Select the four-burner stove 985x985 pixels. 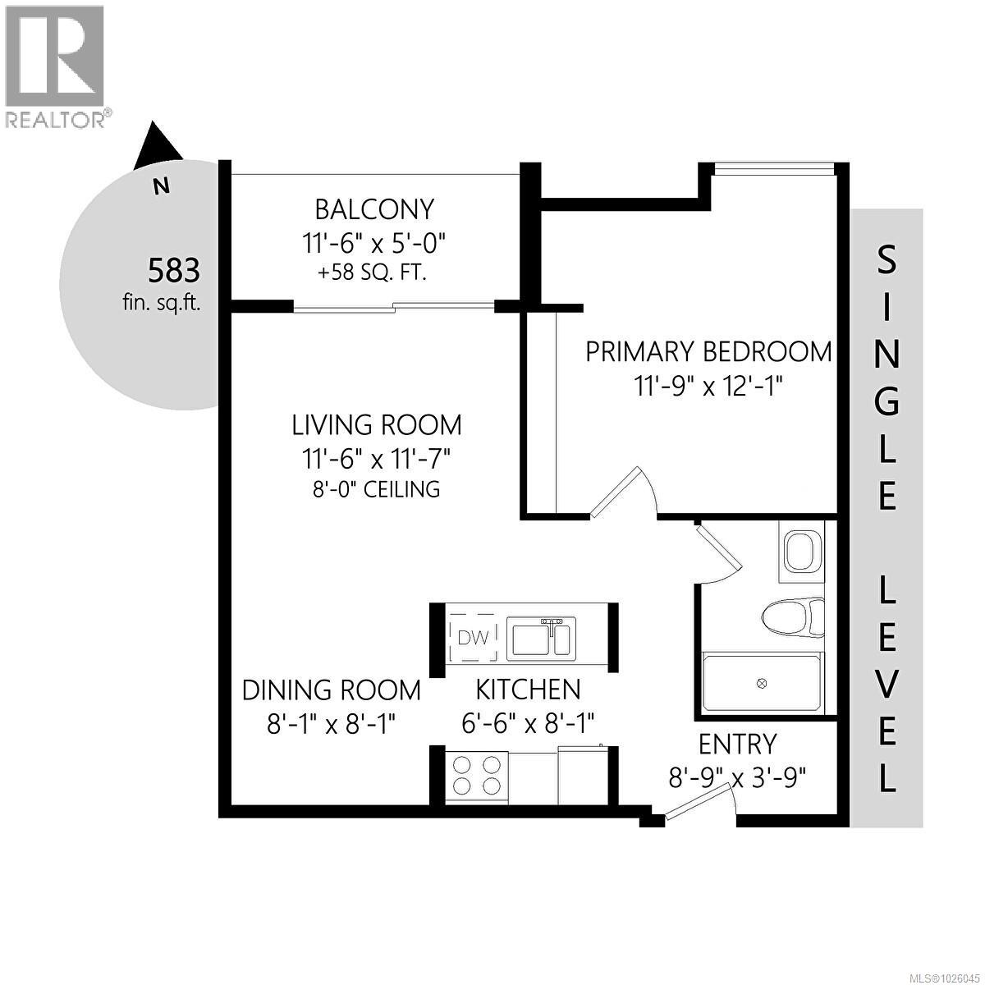pos(477,774)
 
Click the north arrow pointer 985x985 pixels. pos(156,144)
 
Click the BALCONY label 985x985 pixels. pos(374,210)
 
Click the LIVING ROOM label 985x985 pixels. pos(378,425)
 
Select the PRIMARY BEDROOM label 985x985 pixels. pos(708,351)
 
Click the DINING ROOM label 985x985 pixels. pos(332,690)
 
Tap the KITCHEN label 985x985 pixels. pos(529,689)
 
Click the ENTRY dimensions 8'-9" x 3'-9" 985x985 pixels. pos(737,777)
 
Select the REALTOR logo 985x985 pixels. pos(56,66)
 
